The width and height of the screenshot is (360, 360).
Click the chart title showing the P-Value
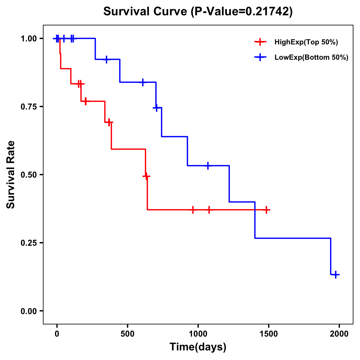point(198,11)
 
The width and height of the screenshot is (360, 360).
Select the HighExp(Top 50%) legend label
point(306,42)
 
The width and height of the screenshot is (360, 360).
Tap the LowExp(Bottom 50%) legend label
point(311,58)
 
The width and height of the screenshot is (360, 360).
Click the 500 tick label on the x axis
point(127,334)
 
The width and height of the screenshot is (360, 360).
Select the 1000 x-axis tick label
point(198,334)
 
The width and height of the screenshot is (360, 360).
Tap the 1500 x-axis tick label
point(268,334)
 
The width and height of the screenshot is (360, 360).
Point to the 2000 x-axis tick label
point(339,334)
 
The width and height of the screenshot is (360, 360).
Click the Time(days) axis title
point(198,347)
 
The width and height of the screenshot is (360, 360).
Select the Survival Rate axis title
point(11,175)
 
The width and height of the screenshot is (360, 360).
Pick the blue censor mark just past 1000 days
point(208,166)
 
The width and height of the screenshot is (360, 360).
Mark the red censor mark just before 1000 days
point(193,210)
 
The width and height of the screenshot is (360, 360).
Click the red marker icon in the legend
point(260,42)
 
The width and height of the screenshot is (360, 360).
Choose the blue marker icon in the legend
point(260,58)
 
